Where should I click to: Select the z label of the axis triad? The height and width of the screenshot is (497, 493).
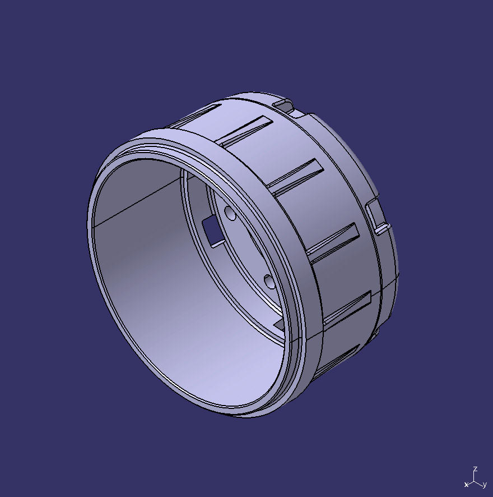[475, 468]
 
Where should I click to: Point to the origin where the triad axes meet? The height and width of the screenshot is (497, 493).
[475, 480]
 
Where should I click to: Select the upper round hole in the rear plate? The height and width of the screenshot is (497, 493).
[230, 213]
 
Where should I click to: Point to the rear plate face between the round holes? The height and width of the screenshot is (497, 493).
[246, 247]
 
